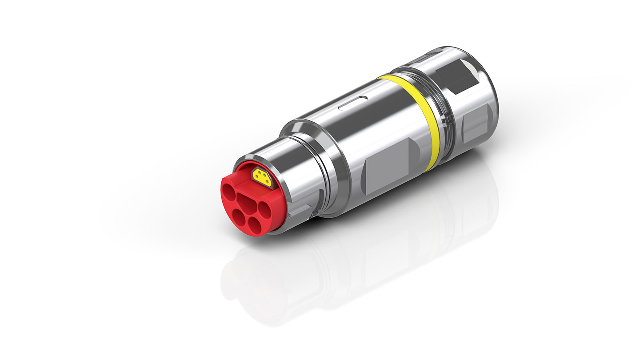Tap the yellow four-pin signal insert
tap(262, 177)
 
